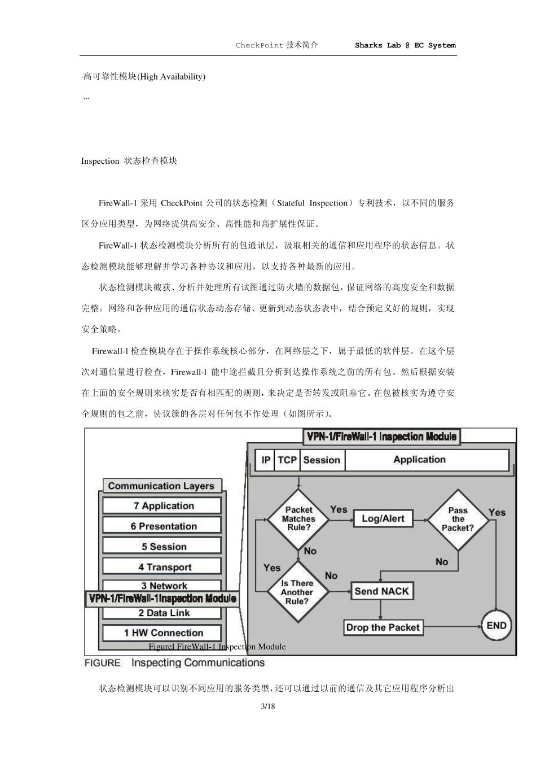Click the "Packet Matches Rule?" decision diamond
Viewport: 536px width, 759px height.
point(298,518)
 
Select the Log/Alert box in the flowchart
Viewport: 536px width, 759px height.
point(383,518)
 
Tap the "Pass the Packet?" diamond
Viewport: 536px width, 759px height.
point(458,518)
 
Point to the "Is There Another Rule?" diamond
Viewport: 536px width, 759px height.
point(297,592)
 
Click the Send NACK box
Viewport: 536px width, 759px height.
point(382,591)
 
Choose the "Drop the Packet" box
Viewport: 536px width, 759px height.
point(383,627)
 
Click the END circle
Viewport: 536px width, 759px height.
point(497,626)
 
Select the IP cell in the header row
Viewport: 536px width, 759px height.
point(266,460)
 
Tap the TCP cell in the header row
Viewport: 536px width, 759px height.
point(287,460)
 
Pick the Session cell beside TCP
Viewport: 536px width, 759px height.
point(322,460)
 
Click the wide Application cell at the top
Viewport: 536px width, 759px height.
point(420,460)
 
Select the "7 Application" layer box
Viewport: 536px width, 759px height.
point(162,506)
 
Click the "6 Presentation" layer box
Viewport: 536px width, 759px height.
point(162,526)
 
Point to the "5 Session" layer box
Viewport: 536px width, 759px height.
point(162,547)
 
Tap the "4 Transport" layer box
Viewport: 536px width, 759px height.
point(162,567)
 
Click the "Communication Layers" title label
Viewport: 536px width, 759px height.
point(161,486)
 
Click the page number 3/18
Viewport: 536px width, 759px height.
point(268,706)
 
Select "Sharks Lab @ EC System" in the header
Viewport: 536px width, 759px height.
point(405,45)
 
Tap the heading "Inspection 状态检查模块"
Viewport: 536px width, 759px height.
point(129,161)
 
